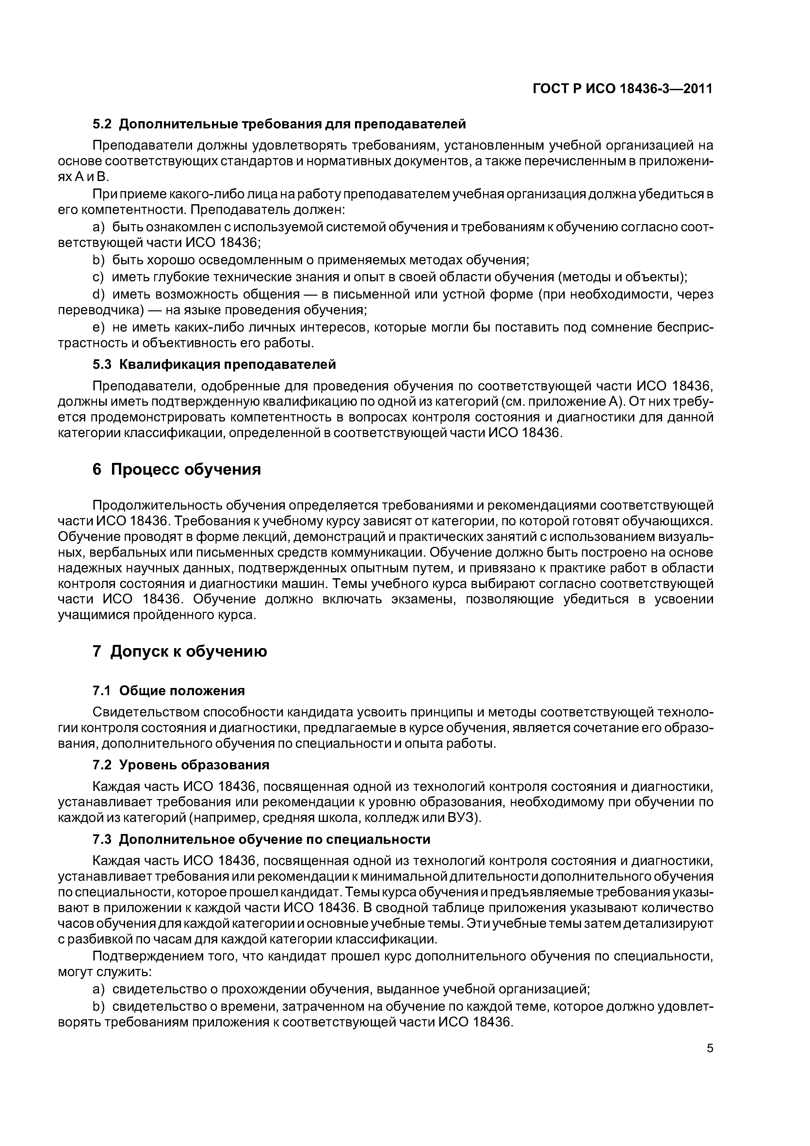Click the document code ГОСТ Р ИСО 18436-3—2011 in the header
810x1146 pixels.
click(x=622, y=89)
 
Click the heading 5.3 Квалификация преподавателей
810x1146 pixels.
click(x=214, y=364)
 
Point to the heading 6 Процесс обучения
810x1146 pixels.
click(x=177, y=470)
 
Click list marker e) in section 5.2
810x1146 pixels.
click(x=99, y=327)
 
